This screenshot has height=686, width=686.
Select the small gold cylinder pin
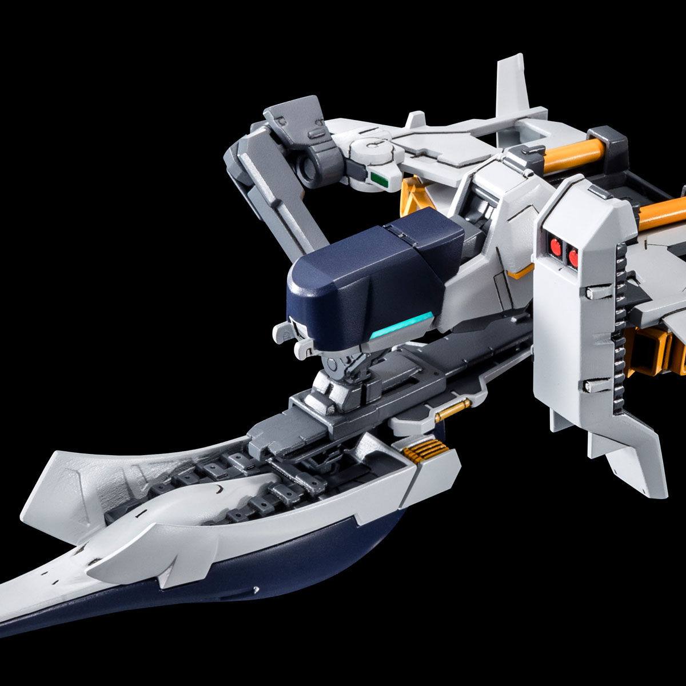pyautogui.click(x=451, y=410)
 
